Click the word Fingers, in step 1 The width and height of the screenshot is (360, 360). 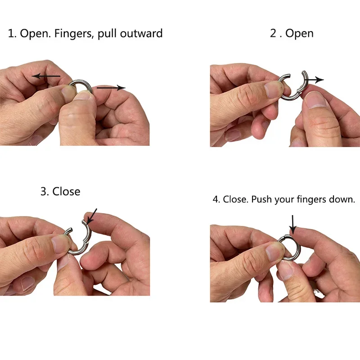coord(74,33)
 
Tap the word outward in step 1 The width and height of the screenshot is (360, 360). coord(141,33)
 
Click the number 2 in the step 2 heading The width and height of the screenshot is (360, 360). coord(273,33)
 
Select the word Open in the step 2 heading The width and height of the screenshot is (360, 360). coord(299,34)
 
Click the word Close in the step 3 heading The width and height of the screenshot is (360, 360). coord(66,192)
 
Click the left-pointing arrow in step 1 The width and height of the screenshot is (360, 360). coord(46,76)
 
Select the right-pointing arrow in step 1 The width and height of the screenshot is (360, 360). coord(111,88)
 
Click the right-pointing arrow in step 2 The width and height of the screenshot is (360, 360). coord(314,80)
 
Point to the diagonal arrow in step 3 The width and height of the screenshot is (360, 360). coord(92,216)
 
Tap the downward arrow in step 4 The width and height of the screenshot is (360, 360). coord(292,224)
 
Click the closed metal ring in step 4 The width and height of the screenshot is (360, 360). coord(298,243)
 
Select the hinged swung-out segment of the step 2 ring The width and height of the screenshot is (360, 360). coord(305,81)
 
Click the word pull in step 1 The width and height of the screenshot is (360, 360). coord(108,34)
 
